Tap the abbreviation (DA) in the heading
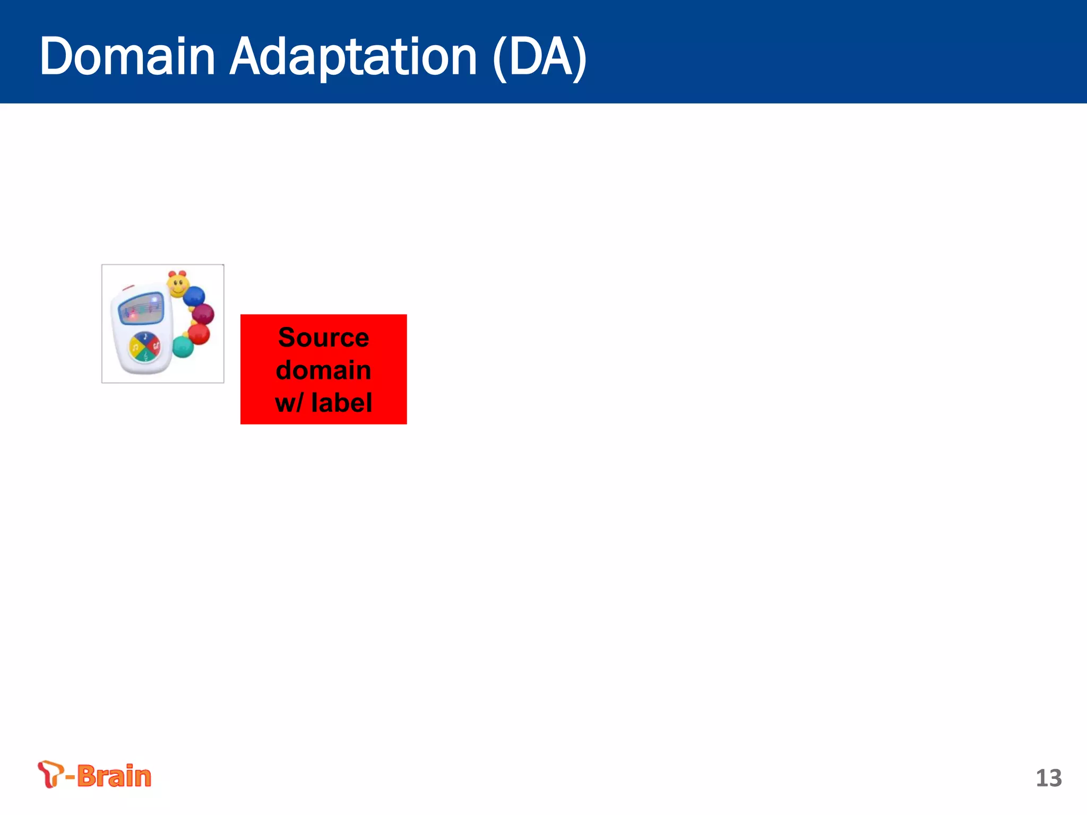point(540,57)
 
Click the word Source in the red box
point(323,337)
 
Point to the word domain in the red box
point(323,370)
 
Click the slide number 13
point(1048,778)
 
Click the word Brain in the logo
point(114,776)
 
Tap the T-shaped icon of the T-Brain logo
point(50,774)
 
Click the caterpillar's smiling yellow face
point(178,284)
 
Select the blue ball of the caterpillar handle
point(194,296)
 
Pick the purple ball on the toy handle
point(203,314)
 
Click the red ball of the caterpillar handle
point(199,334)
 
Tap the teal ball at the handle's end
point(183,347)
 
